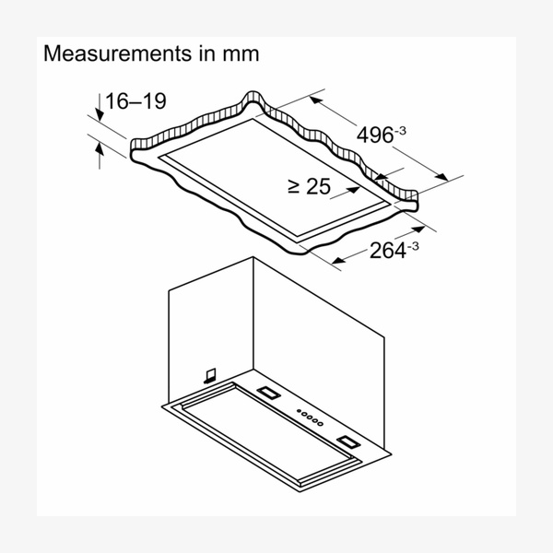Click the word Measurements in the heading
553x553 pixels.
pyautogui.click(x=117, y=53)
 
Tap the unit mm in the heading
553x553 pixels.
pyautogui.click(x=241, y=55)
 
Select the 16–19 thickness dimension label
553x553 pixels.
pyautogui.click(x=135, y=100)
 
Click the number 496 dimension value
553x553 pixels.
pyautogui.click(x=375, y=135)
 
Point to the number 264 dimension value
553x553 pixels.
pyautogui.click(x=388, y=251)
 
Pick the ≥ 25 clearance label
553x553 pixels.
pyautogui.click(x=310, y=186)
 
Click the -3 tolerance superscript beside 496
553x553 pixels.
pyautogui.click(x=400, y=131)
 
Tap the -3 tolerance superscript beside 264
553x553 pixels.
pyautogui.click(x=413, y=246)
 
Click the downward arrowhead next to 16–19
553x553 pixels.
pyautogui.click(x=100, y=115)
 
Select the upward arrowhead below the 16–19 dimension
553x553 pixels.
pyautogui.click(x=100, y=148)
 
